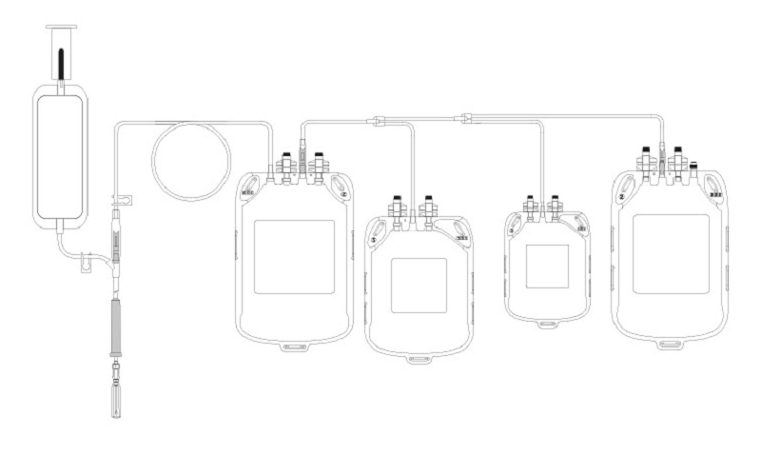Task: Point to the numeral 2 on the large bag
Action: pyautogui.click(x=621, y=196)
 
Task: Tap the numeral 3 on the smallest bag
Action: pyautogui.click(x=513, y=230)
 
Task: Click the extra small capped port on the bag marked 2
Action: pyautogui.click(x=693, y=168)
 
